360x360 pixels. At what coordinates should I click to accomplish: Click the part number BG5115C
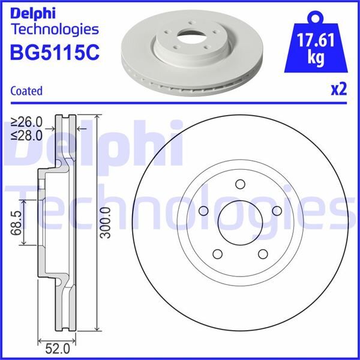coord(54,52)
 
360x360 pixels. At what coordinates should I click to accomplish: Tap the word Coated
coord(26,91)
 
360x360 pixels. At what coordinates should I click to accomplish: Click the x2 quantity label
coord(339,90)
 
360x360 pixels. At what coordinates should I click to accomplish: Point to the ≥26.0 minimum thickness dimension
coord(27,122)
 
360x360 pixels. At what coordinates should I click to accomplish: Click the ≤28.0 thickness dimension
coord(27,134)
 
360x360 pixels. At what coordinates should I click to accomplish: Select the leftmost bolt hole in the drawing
coord(203,210)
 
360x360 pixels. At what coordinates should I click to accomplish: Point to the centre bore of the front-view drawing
coord(239,221)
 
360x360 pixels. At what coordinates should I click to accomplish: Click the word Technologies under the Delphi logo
coord(55,29)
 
